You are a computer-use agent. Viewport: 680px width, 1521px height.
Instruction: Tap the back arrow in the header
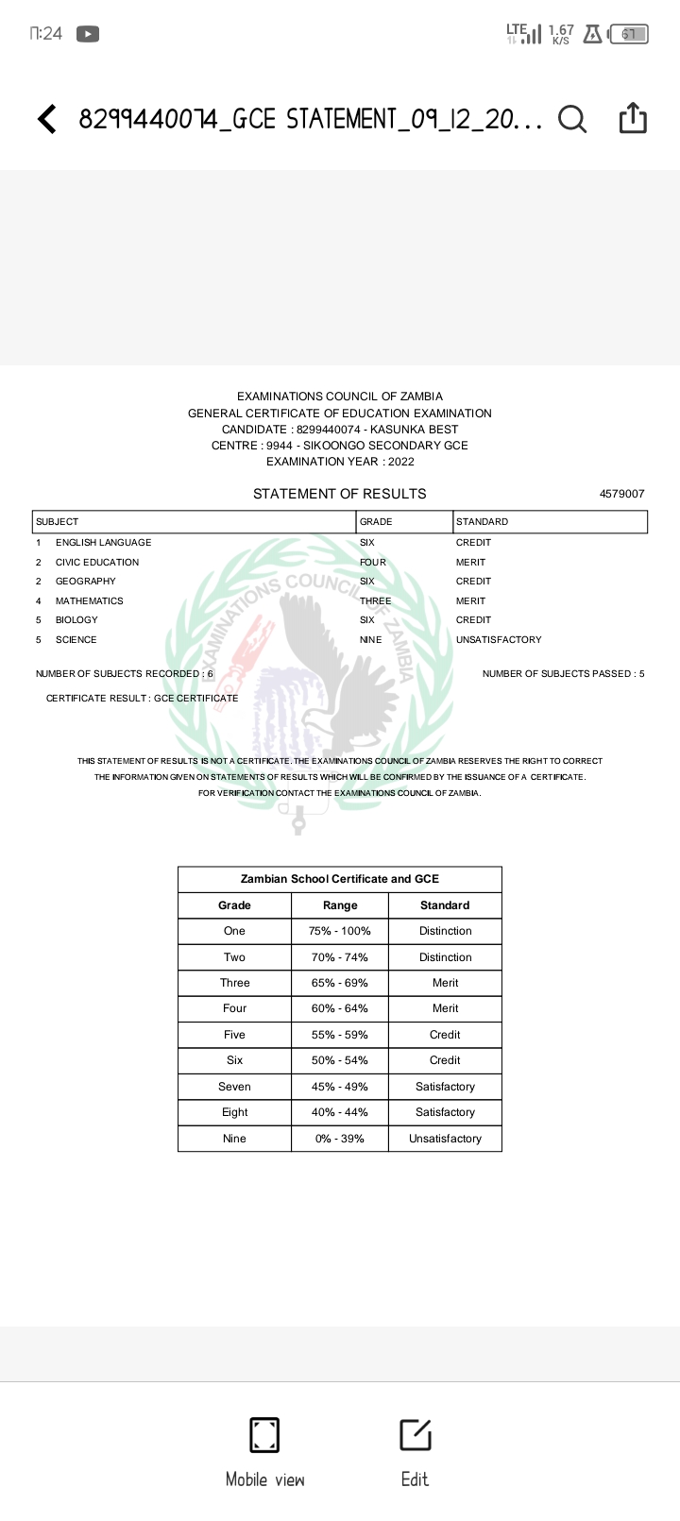[x=46, y=119]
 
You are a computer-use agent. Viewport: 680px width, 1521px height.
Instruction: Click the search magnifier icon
[x=571, y=119]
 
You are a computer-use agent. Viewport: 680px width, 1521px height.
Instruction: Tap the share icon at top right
[x=633, y=118]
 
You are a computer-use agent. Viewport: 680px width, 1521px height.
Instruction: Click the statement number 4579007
[x=621, y=494]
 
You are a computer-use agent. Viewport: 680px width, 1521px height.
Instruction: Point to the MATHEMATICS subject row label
[x=89, y=601]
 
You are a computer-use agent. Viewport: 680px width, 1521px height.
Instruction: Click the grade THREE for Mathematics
[x=375, y=601]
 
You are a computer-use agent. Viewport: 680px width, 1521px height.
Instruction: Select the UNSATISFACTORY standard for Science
[x=499, y=640]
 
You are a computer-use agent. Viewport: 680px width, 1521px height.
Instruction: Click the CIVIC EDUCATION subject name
[x=97, y=563]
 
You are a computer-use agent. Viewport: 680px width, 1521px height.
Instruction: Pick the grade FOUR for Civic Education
[x=373, y=563]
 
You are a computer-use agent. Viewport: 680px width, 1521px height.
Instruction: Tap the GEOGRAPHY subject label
[x=85, y=582]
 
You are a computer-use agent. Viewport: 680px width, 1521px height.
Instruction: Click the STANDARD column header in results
[x=482, y=522]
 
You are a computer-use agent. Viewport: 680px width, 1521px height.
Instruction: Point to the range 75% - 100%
[x=340, y=931]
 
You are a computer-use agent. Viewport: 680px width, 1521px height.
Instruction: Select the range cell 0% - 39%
[x=340, y=1139]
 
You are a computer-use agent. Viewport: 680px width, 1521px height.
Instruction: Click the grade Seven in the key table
[x=234, y=1087]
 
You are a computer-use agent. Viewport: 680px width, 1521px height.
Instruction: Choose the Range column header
[x=340, y=905]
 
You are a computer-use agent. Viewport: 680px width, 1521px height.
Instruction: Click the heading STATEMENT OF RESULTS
[x=339, y=494]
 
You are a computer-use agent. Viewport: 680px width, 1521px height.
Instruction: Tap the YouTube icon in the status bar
[x=87, y=34]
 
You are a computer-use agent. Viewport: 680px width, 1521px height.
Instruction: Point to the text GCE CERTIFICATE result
[x=196, y=699]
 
